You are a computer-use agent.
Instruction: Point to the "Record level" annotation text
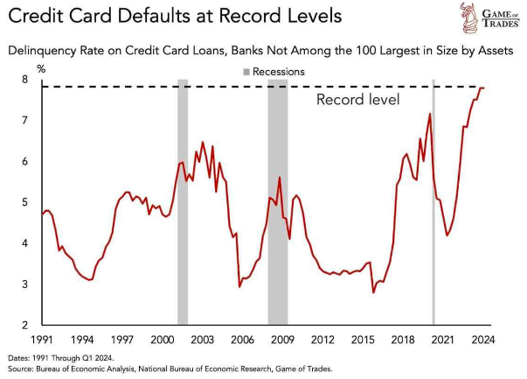357,100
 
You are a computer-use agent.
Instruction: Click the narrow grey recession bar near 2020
434,202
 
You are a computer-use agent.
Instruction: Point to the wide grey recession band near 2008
278,202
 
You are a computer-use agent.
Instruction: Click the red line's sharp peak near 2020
430,114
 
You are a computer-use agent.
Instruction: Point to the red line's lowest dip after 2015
373,291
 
